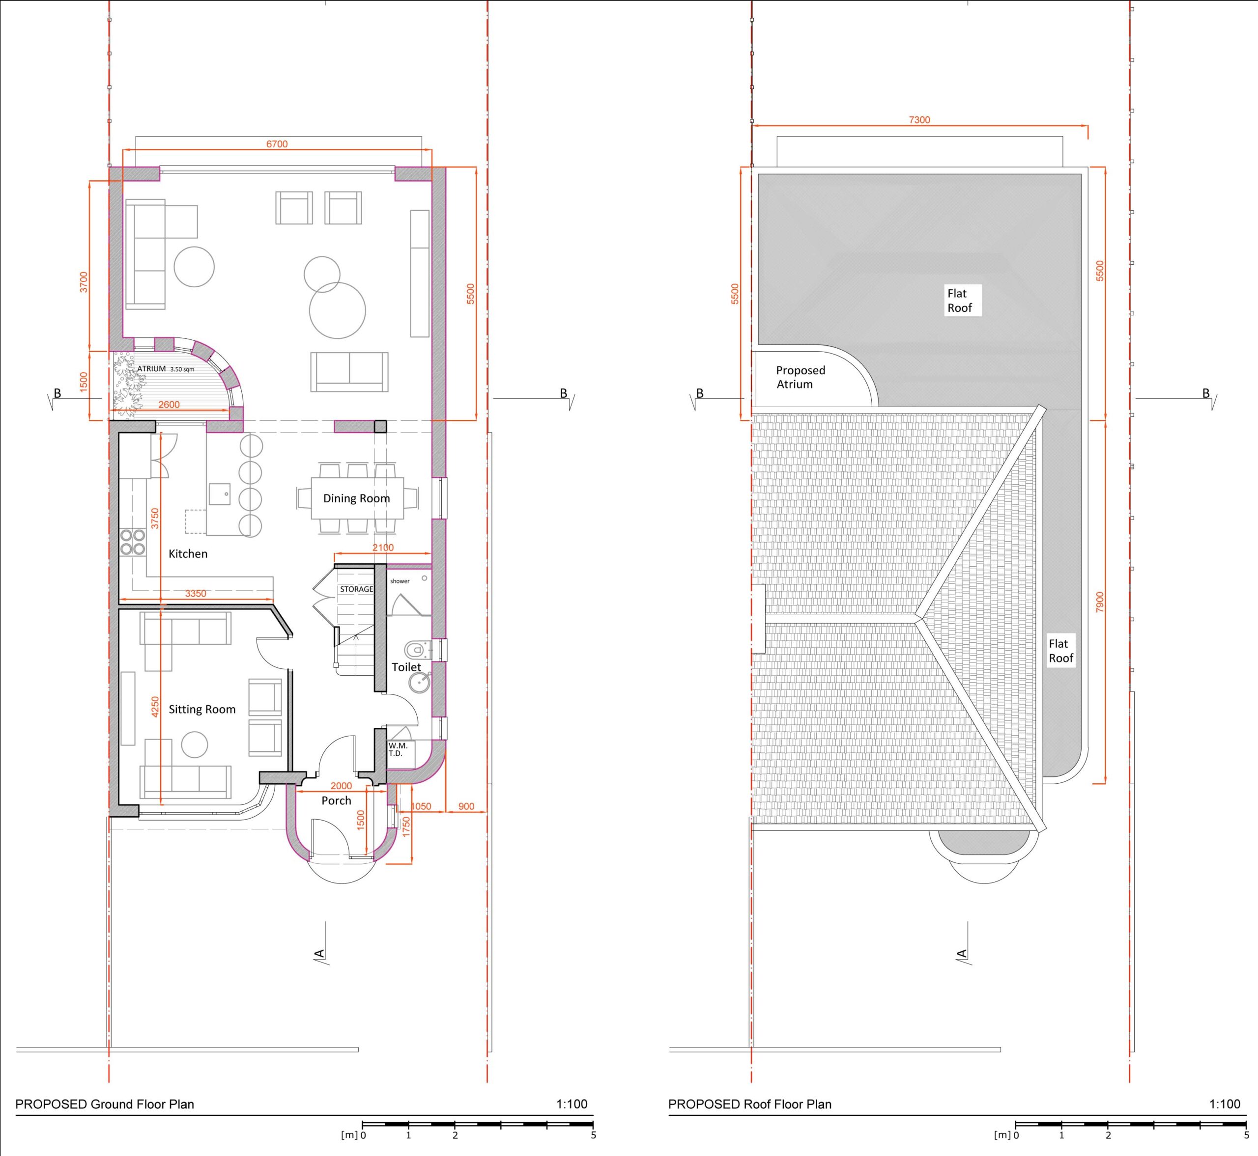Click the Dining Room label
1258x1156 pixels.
[356, 498]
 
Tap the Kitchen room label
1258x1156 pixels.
[188, 553]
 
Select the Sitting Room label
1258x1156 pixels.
[202, 709]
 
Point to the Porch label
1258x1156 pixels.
[336, 800]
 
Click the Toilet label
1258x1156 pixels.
[406, 667]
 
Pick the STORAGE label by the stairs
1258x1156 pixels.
[356, 589]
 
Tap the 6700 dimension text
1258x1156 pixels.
[277, 144]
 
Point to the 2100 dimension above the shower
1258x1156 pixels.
[383, 548]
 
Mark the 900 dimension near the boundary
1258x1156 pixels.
[466, 806]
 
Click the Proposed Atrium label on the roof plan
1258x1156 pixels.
[801, 377]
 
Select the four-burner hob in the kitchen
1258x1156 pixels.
[133, 542]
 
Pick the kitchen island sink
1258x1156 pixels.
[220, 494]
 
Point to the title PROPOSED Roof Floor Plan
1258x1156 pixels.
[750, 1104]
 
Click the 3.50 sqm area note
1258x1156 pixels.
[182, 370]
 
